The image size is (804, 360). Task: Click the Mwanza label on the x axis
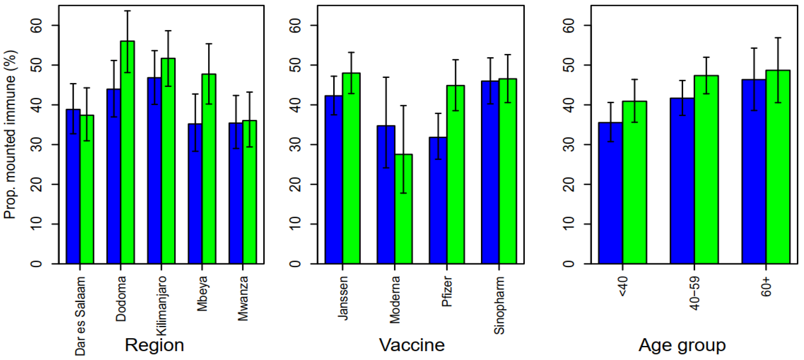click(243, 298)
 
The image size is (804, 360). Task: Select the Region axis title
click(154, 345)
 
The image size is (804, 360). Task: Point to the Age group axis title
click(682, 345)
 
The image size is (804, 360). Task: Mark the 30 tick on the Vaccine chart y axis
click(295, 145)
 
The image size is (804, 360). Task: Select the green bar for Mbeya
click(209, 169)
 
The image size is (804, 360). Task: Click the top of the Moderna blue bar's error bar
click(386, 77)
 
